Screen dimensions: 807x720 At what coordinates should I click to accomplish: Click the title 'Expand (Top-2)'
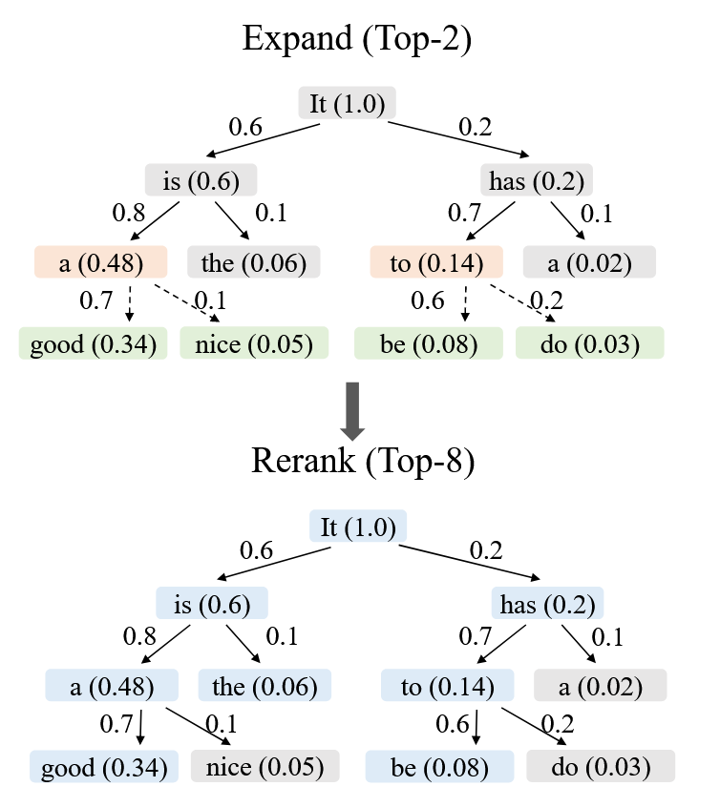358,39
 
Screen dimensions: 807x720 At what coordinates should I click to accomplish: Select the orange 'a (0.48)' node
101,262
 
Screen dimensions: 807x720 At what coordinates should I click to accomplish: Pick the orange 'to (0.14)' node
436,262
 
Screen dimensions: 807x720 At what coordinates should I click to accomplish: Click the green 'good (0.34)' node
93,343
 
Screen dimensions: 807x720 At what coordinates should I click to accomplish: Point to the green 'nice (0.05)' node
254,343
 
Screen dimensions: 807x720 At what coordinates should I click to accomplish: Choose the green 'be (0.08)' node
429,343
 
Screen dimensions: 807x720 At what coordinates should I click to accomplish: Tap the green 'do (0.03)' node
589,343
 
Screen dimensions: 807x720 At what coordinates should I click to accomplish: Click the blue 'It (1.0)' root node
359,527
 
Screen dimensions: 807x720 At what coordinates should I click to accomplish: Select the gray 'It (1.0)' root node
348,103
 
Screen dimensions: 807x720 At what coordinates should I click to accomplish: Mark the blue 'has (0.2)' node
547,604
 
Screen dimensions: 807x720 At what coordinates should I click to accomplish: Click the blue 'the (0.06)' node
265,685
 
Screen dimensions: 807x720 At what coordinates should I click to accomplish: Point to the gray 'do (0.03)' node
600,766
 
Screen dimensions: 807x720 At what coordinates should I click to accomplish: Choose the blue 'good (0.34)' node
103,766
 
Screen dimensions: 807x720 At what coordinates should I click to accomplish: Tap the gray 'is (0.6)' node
201,180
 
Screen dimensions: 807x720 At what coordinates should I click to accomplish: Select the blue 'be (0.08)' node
439,766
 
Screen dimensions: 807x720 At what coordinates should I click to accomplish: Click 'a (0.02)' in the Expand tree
589,262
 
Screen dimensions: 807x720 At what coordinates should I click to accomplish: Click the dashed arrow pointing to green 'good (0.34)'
129,303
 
